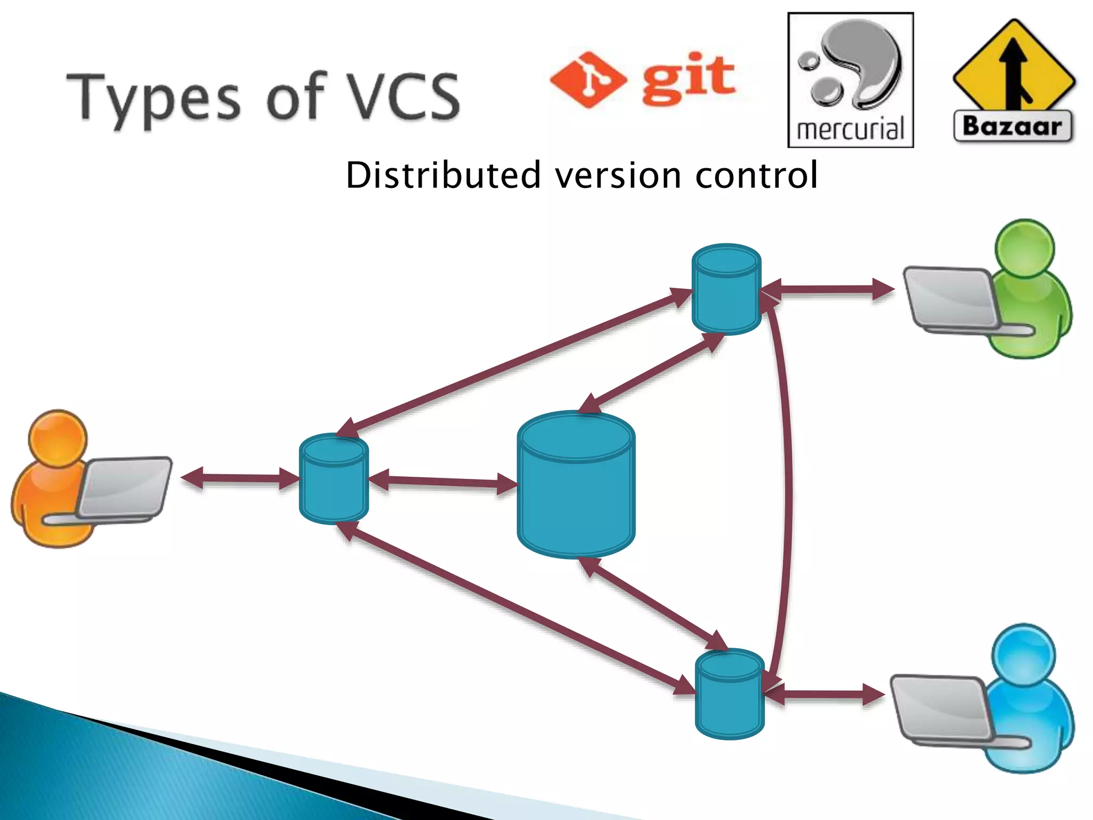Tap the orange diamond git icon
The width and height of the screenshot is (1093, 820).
[588, 80]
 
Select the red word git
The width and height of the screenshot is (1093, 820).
[688, 78]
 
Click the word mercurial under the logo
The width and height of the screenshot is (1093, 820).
[850, 129]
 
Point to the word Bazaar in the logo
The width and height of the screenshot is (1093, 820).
[1012, 127]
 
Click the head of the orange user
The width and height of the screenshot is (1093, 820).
[58, 438]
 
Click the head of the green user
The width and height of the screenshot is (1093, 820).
[1025, 248]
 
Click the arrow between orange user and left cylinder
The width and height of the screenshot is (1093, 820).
[240, 478]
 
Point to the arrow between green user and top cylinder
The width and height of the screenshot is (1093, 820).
[827, 289]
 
